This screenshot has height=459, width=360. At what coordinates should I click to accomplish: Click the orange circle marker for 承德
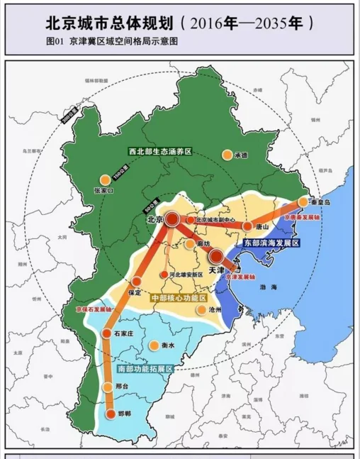point(227,154)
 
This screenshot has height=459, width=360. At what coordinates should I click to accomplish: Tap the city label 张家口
point(103,191)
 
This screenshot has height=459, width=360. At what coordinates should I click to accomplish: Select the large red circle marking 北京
point(172,220)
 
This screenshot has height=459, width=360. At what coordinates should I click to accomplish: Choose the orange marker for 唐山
point(247,226)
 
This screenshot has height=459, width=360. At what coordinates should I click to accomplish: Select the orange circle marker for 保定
point(137,282)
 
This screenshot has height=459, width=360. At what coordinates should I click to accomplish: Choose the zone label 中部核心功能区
point(179,298)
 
